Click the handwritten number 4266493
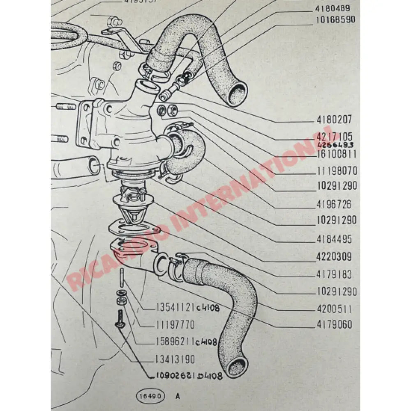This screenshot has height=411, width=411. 335,145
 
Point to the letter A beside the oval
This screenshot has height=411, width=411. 178,397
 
